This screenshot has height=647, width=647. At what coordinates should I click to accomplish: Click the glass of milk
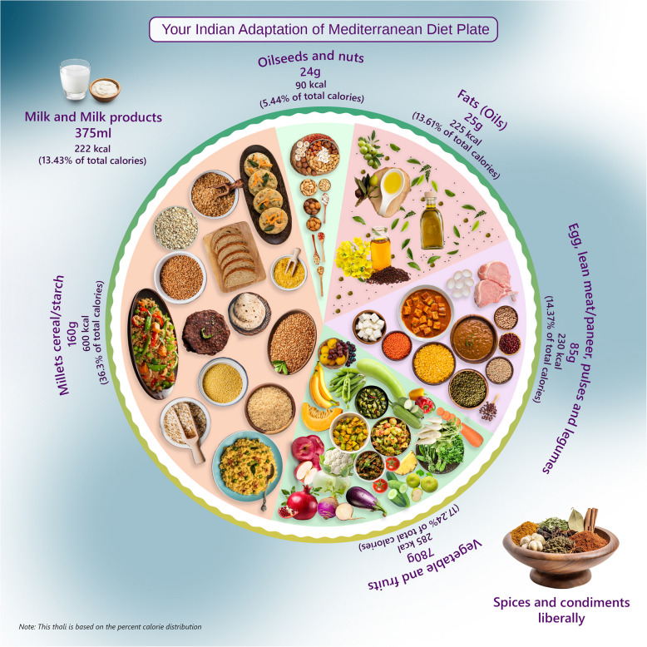(75, 81)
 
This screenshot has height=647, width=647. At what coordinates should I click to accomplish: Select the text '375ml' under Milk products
(92, 132)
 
